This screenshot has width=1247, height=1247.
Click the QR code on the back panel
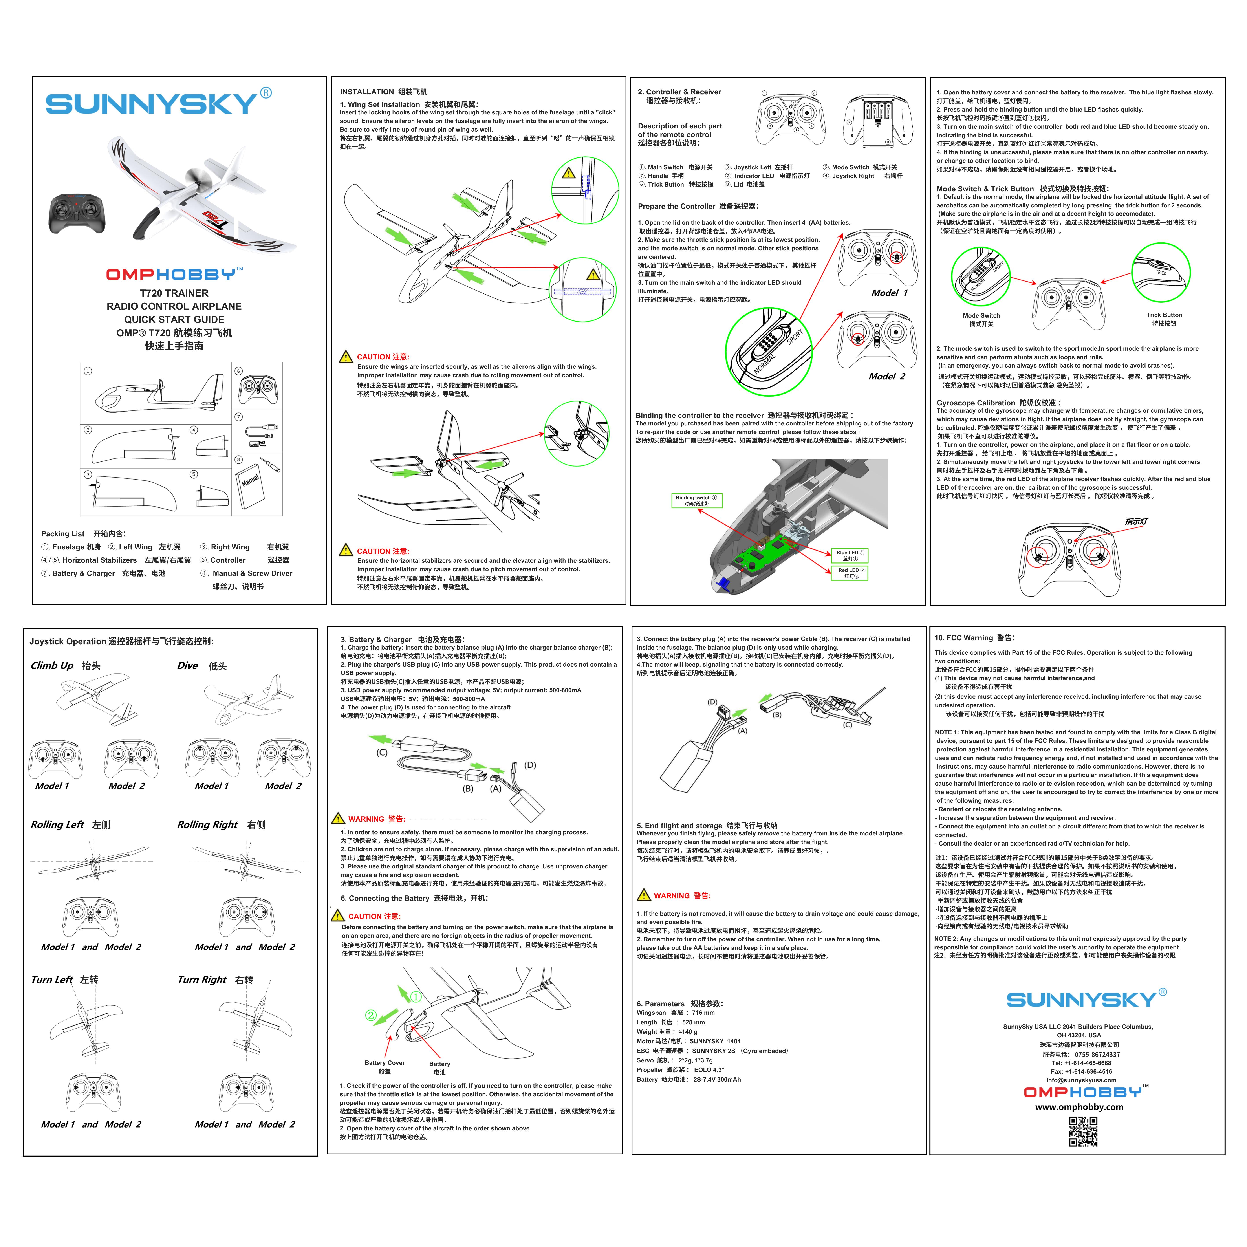pyautogui.click(x=1083, y=1132)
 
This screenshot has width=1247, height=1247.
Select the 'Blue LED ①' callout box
pyautogui.click(x=849, y=555)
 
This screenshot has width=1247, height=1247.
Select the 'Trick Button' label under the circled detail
pyautogui.click(x=1164, y=315)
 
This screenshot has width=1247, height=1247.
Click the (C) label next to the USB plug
pyautogui.click(x=382, y=753)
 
